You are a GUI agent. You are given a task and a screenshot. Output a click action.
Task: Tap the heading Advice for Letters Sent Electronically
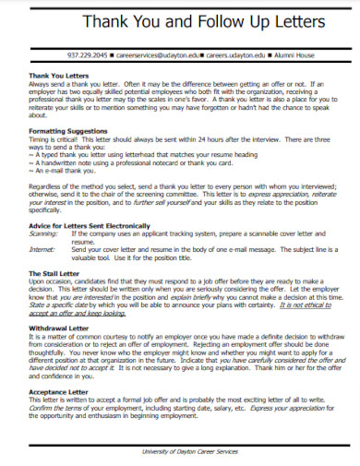(88, 226)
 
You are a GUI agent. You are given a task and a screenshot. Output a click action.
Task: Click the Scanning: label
(44, 234)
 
